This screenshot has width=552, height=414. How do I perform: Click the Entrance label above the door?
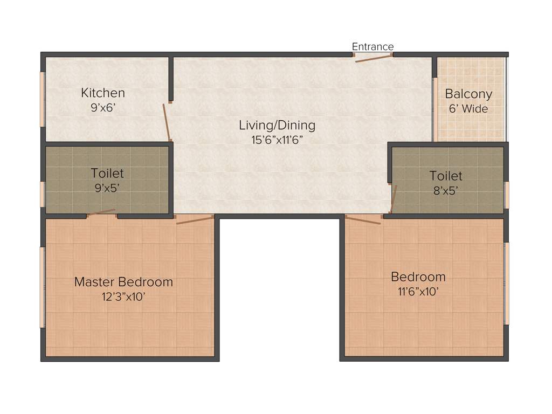[x=372, y=47]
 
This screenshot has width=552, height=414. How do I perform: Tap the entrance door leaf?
[x=373, y=58]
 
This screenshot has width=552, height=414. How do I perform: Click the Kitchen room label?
[x=103, y=93]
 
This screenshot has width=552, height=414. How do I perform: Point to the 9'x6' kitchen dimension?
[x=103, y=107]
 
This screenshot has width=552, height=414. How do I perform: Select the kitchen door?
[x=167, y=122]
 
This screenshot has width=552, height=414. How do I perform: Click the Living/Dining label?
[x=277, y=126]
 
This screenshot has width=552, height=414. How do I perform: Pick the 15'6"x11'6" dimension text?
[x=277, y=140]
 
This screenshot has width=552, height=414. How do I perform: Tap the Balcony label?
[x=468, y=94]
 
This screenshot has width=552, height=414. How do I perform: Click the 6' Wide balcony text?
[x=468, y=108]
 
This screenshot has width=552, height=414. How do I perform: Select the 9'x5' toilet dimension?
[x=107, y=188]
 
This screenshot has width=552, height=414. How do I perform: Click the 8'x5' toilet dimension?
[x=446, y=190]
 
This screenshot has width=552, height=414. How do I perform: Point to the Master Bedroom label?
[x=123, y=281]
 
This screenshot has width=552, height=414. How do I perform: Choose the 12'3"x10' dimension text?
[x=123, y=296]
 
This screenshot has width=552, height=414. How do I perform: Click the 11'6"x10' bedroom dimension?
[x=418, y=292]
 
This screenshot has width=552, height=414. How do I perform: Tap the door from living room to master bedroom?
[x=195, y=219]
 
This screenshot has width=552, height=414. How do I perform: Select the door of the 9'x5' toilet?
[x=102, y=212]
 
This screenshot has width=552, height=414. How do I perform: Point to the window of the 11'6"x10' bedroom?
[x=506, y=283]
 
